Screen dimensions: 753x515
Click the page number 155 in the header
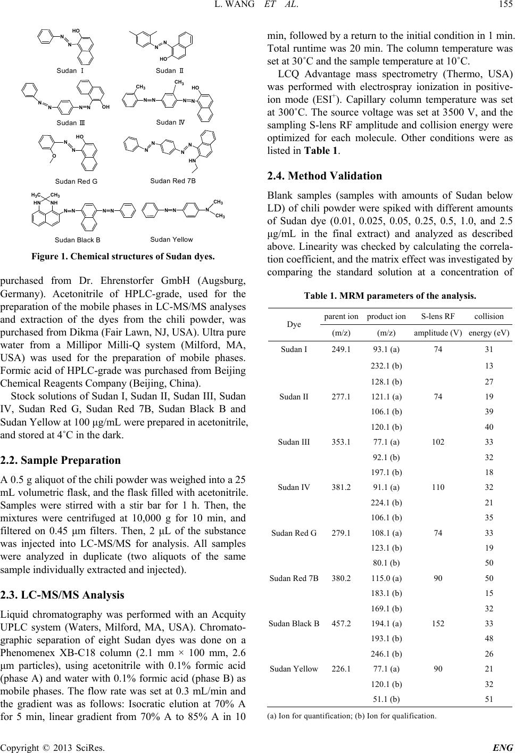(x=503, y=6)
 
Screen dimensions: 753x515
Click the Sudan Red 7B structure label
(x=173, y=181)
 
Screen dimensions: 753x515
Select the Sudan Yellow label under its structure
(x=171, y=239)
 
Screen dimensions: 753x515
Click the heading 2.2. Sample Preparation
(x=61, y=460)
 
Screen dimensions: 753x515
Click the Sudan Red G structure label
(x=76, y=181)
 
